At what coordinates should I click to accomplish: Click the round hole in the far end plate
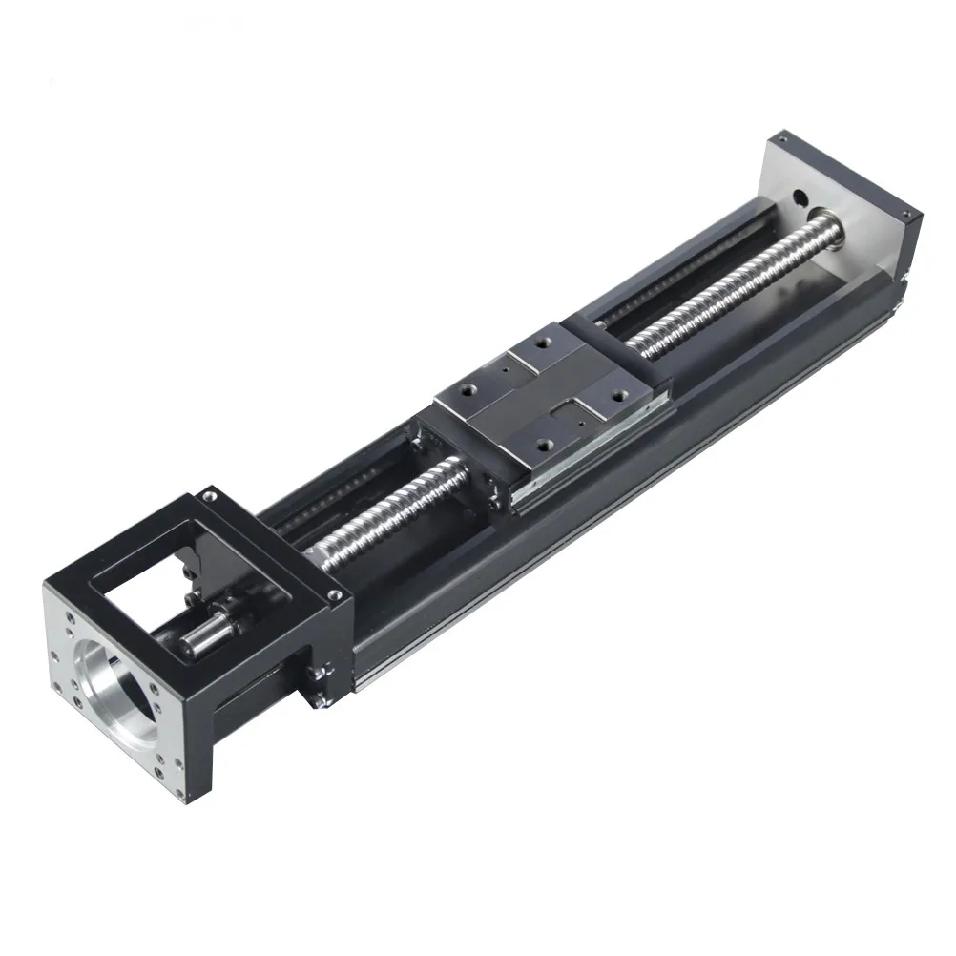pos(800,198)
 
